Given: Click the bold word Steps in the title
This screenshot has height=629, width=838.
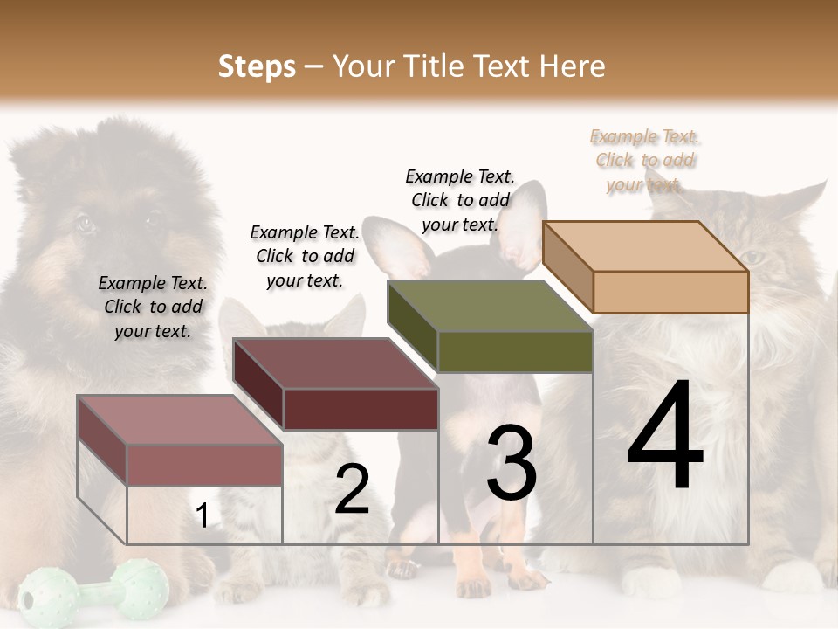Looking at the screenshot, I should coord(257,66).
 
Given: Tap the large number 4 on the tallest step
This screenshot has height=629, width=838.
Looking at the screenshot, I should coord(665,437).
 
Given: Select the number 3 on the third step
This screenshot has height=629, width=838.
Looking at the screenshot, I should coord(512,463).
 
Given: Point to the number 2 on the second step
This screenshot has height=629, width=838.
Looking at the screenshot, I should coord(352,489).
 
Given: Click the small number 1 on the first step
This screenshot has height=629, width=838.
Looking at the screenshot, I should coord(203,516).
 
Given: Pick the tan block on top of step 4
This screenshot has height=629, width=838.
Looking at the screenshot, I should coord(646,266).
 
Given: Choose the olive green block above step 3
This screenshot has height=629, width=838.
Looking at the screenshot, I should coord(491,326).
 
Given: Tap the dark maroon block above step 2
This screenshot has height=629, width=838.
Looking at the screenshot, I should coord(336,384).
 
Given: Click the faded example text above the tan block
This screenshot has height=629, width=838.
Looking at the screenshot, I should coord(645,160).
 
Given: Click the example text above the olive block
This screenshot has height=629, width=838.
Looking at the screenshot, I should coord(460,200).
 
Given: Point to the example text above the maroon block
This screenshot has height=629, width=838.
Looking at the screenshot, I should coord(305,256).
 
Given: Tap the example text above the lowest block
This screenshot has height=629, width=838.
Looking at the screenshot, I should coord(153,307).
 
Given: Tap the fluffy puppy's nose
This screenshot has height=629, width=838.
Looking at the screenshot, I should coord(131,262).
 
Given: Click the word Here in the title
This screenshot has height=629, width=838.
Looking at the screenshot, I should coord(573,66).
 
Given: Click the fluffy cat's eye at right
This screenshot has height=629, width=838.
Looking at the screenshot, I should coord(752,258).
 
